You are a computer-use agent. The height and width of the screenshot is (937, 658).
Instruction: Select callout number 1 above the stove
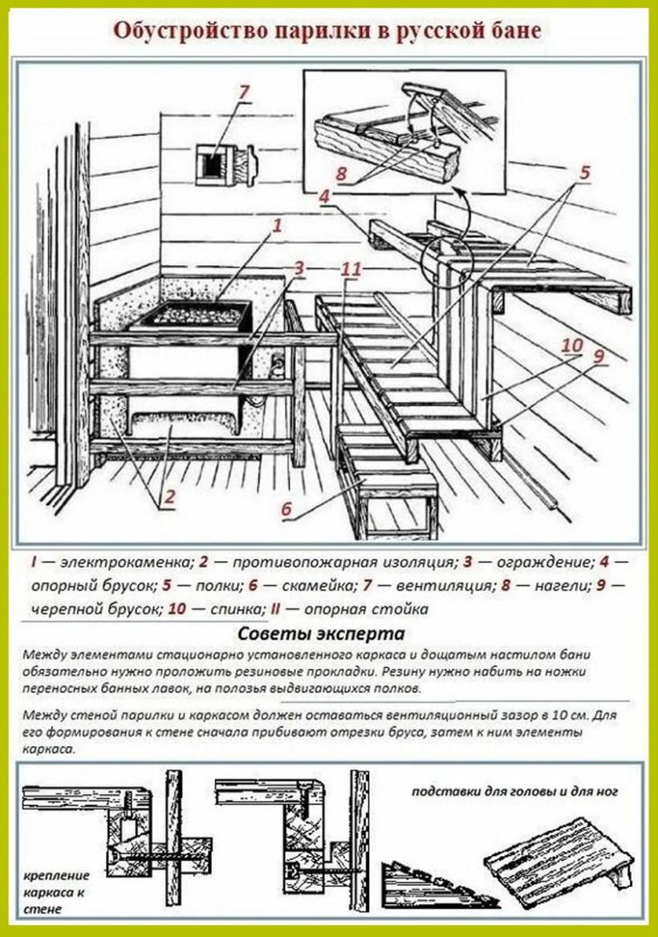coord(278,226)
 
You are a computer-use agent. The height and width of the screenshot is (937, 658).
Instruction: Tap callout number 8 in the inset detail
coord(342,172)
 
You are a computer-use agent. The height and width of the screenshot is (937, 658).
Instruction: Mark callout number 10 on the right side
coord(571,346)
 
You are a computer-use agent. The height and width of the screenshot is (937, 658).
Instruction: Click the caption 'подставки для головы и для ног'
coord(514,791)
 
